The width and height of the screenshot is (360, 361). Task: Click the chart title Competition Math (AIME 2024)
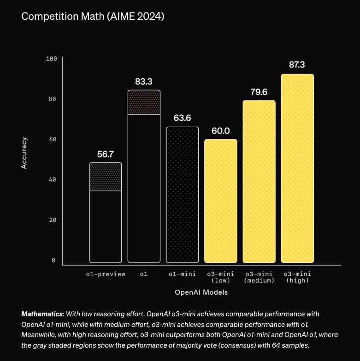[93, 17]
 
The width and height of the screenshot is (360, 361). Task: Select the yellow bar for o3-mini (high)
[297, 168]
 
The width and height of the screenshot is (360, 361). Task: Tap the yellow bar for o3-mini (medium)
[259, 181]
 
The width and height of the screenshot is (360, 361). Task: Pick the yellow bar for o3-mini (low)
[221, 201]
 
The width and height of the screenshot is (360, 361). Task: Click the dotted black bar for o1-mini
[182, 194]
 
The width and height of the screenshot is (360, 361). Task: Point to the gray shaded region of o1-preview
[106, 177]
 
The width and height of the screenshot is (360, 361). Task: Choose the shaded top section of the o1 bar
[144, 102]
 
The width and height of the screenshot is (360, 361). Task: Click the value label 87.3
[297, 65]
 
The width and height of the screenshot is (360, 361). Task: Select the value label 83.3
[144, 82]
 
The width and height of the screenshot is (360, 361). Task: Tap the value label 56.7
[106, 154]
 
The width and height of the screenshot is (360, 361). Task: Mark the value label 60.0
[221, 131]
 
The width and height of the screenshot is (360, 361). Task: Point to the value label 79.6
[259, 92]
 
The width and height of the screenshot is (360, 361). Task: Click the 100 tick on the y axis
[51, 59]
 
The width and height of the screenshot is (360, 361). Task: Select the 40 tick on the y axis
[53, 180]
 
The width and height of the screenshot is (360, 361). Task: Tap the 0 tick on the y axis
[54, 260]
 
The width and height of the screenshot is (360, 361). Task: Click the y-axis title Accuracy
[25, 153]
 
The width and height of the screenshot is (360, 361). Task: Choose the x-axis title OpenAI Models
[201, 292]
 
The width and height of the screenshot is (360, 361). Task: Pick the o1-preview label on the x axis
[106, 274]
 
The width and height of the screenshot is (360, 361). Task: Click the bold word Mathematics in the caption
[41, 314]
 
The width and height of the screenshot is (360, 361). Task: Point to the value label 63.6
[182, 118]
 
